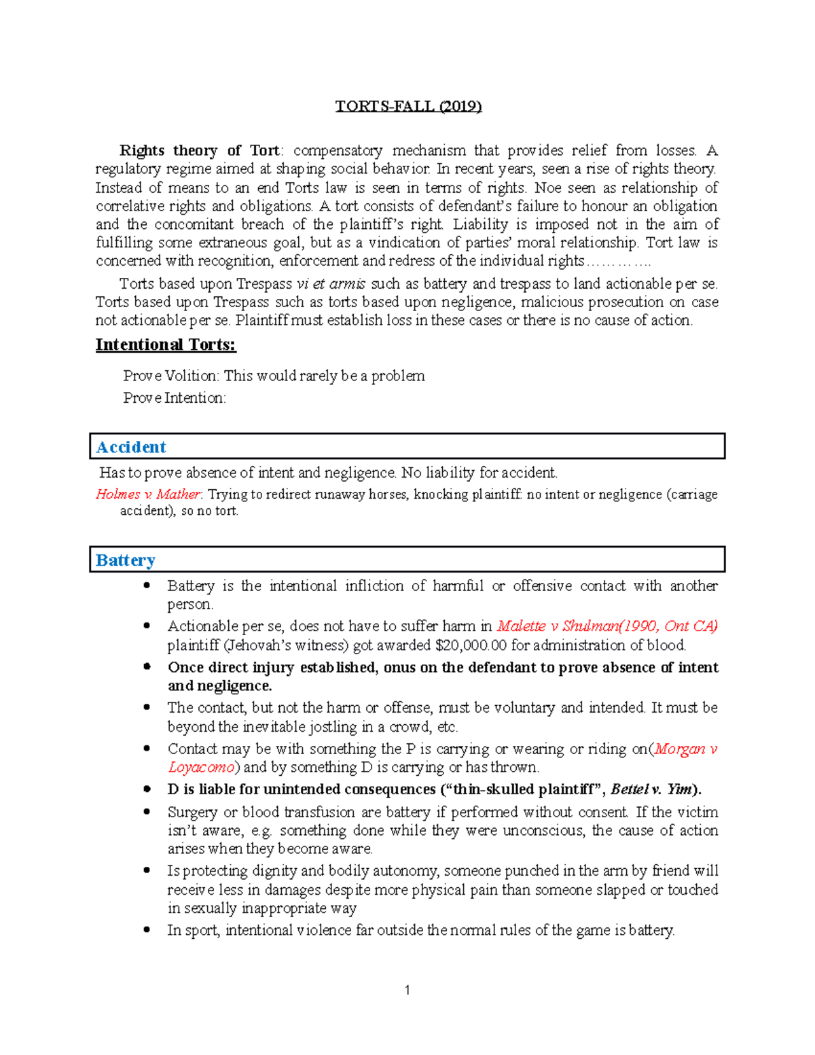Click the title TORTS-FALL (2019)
tap(408, 107)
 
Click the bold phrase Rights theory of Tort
tap(199, 151)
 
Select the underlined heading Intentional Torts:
tap(165, 345)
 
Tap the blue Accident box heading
tap(131, 447)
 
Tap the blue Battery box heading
tap(126, 560)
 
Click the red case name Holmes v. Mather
tap(148, 495)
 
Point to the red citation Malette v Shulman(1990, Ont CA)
tap(607, 626)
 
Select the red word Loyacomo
tap(201, 768)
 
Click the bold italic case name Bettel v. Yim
tap(651, 789)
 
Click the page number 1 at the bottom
tap(407, 990)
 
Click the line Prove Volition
tap(274, 376)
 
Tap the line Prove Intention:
tap(175, 398)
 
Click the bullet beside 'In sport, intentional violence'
tap(147, 930)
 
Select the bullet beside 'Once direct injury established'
tap(147, 667)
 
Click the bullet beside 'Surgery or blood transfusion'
tap(147, 812)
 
